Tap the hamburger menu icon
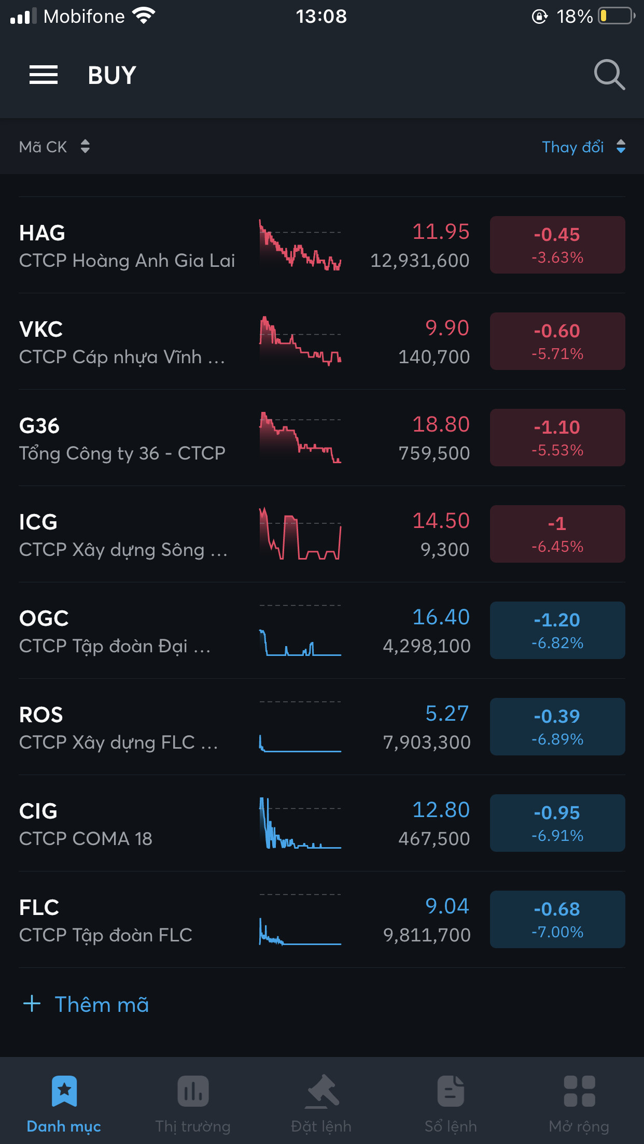pos(44,75)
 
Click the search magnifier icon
pos(609,75)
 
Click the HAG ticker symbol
pos(42,233)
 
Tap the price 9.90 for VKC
pos(447,328)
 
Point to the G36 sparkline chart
pos(300,437)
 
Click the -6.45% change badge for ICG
pos(557,534)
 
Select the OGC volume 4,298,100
pos(426,646)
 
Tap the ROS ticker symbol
pos(41,715)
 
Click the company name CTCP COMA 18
pos(86,839)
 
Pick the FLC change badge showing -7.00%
pos(557,919)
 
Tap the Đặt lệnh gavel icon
pos(322,1091)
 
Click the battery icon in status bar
pos(616,16)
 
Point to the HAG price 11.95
pos(441,232)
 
